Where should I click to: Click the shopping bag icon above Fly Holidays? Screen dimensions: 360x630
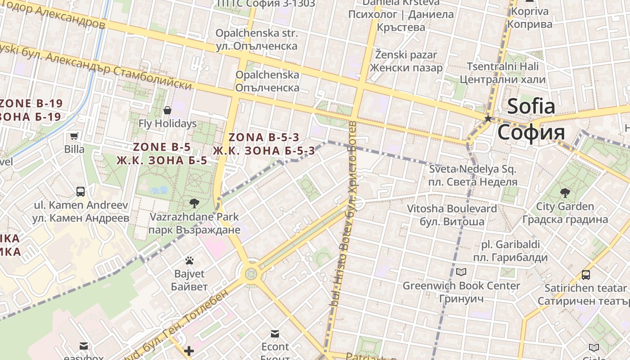[x=167, y=110]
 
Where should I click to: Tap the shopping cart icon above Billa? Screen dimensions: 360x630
[x=74, y=136]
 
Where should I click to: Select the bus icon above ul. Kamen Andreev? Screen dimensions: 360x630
[x=81, y=192]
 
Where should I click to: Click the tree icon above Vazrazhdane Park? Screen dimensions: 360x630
[x=194, y=203]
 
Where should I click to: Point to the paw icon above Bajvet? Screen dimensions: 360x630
[x=189, y=261]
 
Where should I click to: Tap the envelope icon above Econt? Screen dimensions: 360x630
[x=275, y=334]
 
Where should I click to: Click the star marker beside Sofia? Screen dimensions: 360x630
[x=488, y=119]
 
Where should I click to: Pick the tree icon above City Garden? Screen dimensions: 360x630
[x=565, y=193]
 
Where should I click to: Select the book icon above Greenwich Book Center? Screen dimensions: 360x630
[x=461, y=272]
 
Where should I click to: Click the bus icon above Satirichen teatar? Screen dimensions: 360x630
[x=585, y=274]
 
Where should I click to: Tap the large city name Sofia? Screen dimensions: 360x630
[x=531, y=107]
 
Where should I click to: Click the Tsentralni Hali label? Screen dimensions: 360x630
[x=503, y=67]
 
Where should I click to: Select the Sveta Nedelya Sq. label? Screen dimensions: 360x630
[x=472, y=170]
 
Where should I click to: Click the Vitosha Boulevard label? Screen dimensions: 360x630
[x=452, y=209]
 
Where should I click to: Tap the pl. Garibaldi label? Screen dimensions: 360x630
[x=510, y=245]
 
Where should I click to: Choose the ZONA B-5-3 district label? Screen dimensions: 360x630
[x=264, y=138]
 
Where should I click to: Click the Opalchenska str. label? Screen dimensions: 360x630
[x=256, y=33]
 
